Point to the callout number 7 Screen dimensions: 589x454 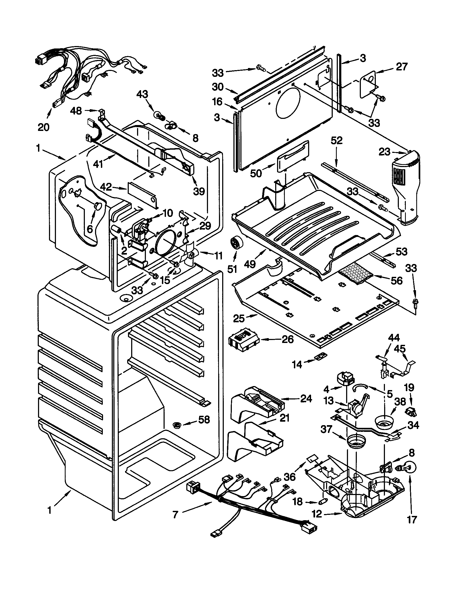(x=175, y=515)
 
